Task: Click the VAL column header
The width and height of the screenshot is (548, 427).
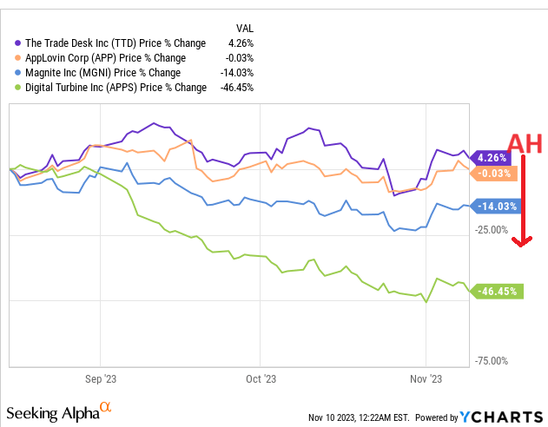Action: [246, 28]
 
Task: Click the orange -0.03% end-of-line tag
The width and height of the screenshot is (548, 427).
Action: [496, 173]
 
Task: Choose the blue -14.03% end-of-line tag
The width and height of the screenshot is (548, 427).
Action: [496, 207]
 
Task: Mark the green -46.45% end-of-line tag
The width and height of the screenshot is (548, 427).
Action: [498, 292]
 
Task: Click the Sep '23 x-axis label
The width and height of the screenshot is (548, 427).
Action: [100, 379]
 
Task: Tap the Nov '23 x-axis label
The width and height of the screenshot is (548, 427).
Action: [426, 379]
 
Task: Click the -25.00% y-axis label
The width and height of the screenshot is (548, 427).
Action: [492, 230]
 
